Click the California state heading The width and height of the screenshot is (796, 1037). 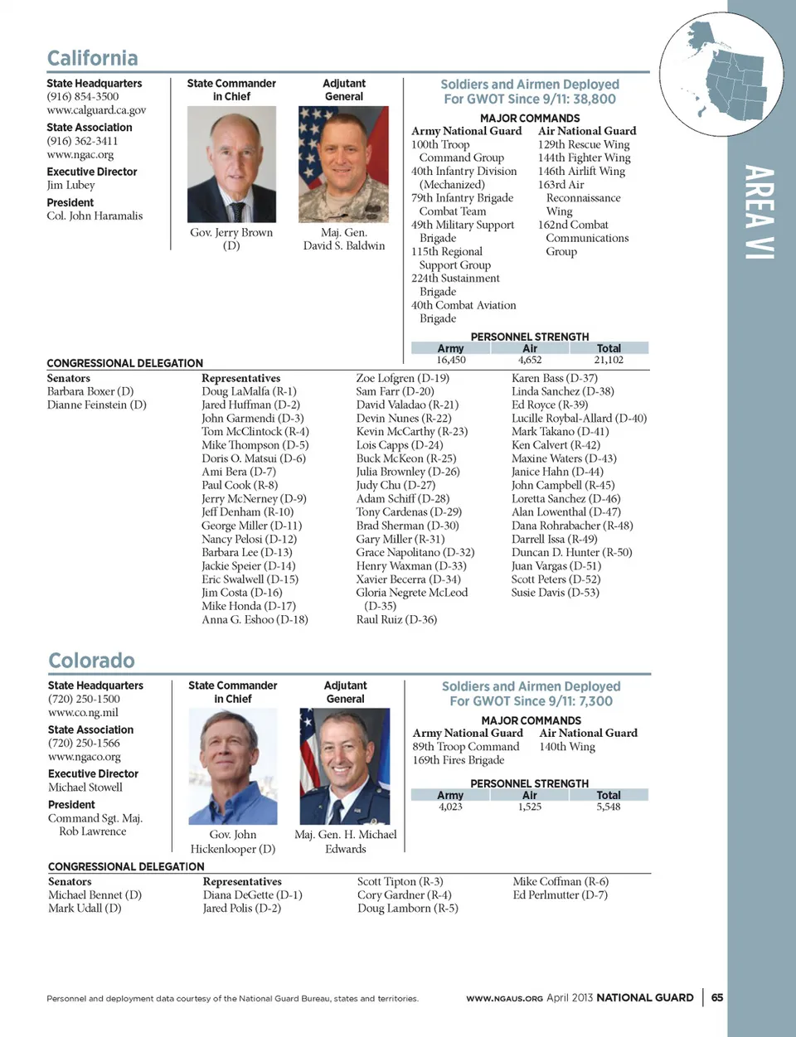click(x=92, y=58)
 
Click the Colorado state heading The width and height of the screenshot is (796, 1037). click(x=91, y=661)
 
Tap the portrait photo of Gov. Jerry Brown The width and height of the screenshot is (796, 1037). click(x=231, y=164)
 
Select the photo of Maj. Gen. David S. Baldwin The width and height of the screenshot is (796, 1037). click(x=343, y=164)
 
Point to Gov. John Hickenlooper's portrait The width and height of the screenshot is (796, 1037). click(x=233, y=766)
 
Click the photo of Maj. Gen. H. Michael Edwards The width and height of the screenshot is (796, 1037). click(x=345, y=766)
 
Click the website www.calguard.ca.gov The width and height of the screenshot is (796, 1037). click(x=96, y=110)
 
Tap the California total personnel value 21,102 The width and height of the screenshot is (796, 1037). click(x=609, y=360)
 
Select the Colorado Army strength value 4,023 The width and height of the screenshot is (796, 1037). click(x=450, y=807)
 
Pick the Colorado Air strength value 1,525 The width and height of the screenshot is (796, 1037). click(x=530, y=807)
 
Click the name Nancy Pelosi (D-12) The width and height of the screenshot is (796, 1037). click(x=249, y=539)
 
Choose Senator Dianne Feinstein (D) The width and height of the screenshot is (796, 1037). click(x=96, y=405)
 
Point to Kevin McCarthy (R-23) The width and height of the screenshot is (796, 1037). click(x=412, y=431)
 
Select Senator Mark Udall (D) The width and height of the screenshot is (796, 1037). click(x=85, y=908)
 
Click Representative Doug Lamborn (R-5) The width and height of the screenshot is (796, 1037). click(x=407, y=908)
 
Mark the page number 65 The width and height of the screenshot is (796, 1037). click(x=717, y=997)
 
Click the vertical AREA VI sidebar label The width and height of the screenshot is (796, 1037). click(x=759, y=212)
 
